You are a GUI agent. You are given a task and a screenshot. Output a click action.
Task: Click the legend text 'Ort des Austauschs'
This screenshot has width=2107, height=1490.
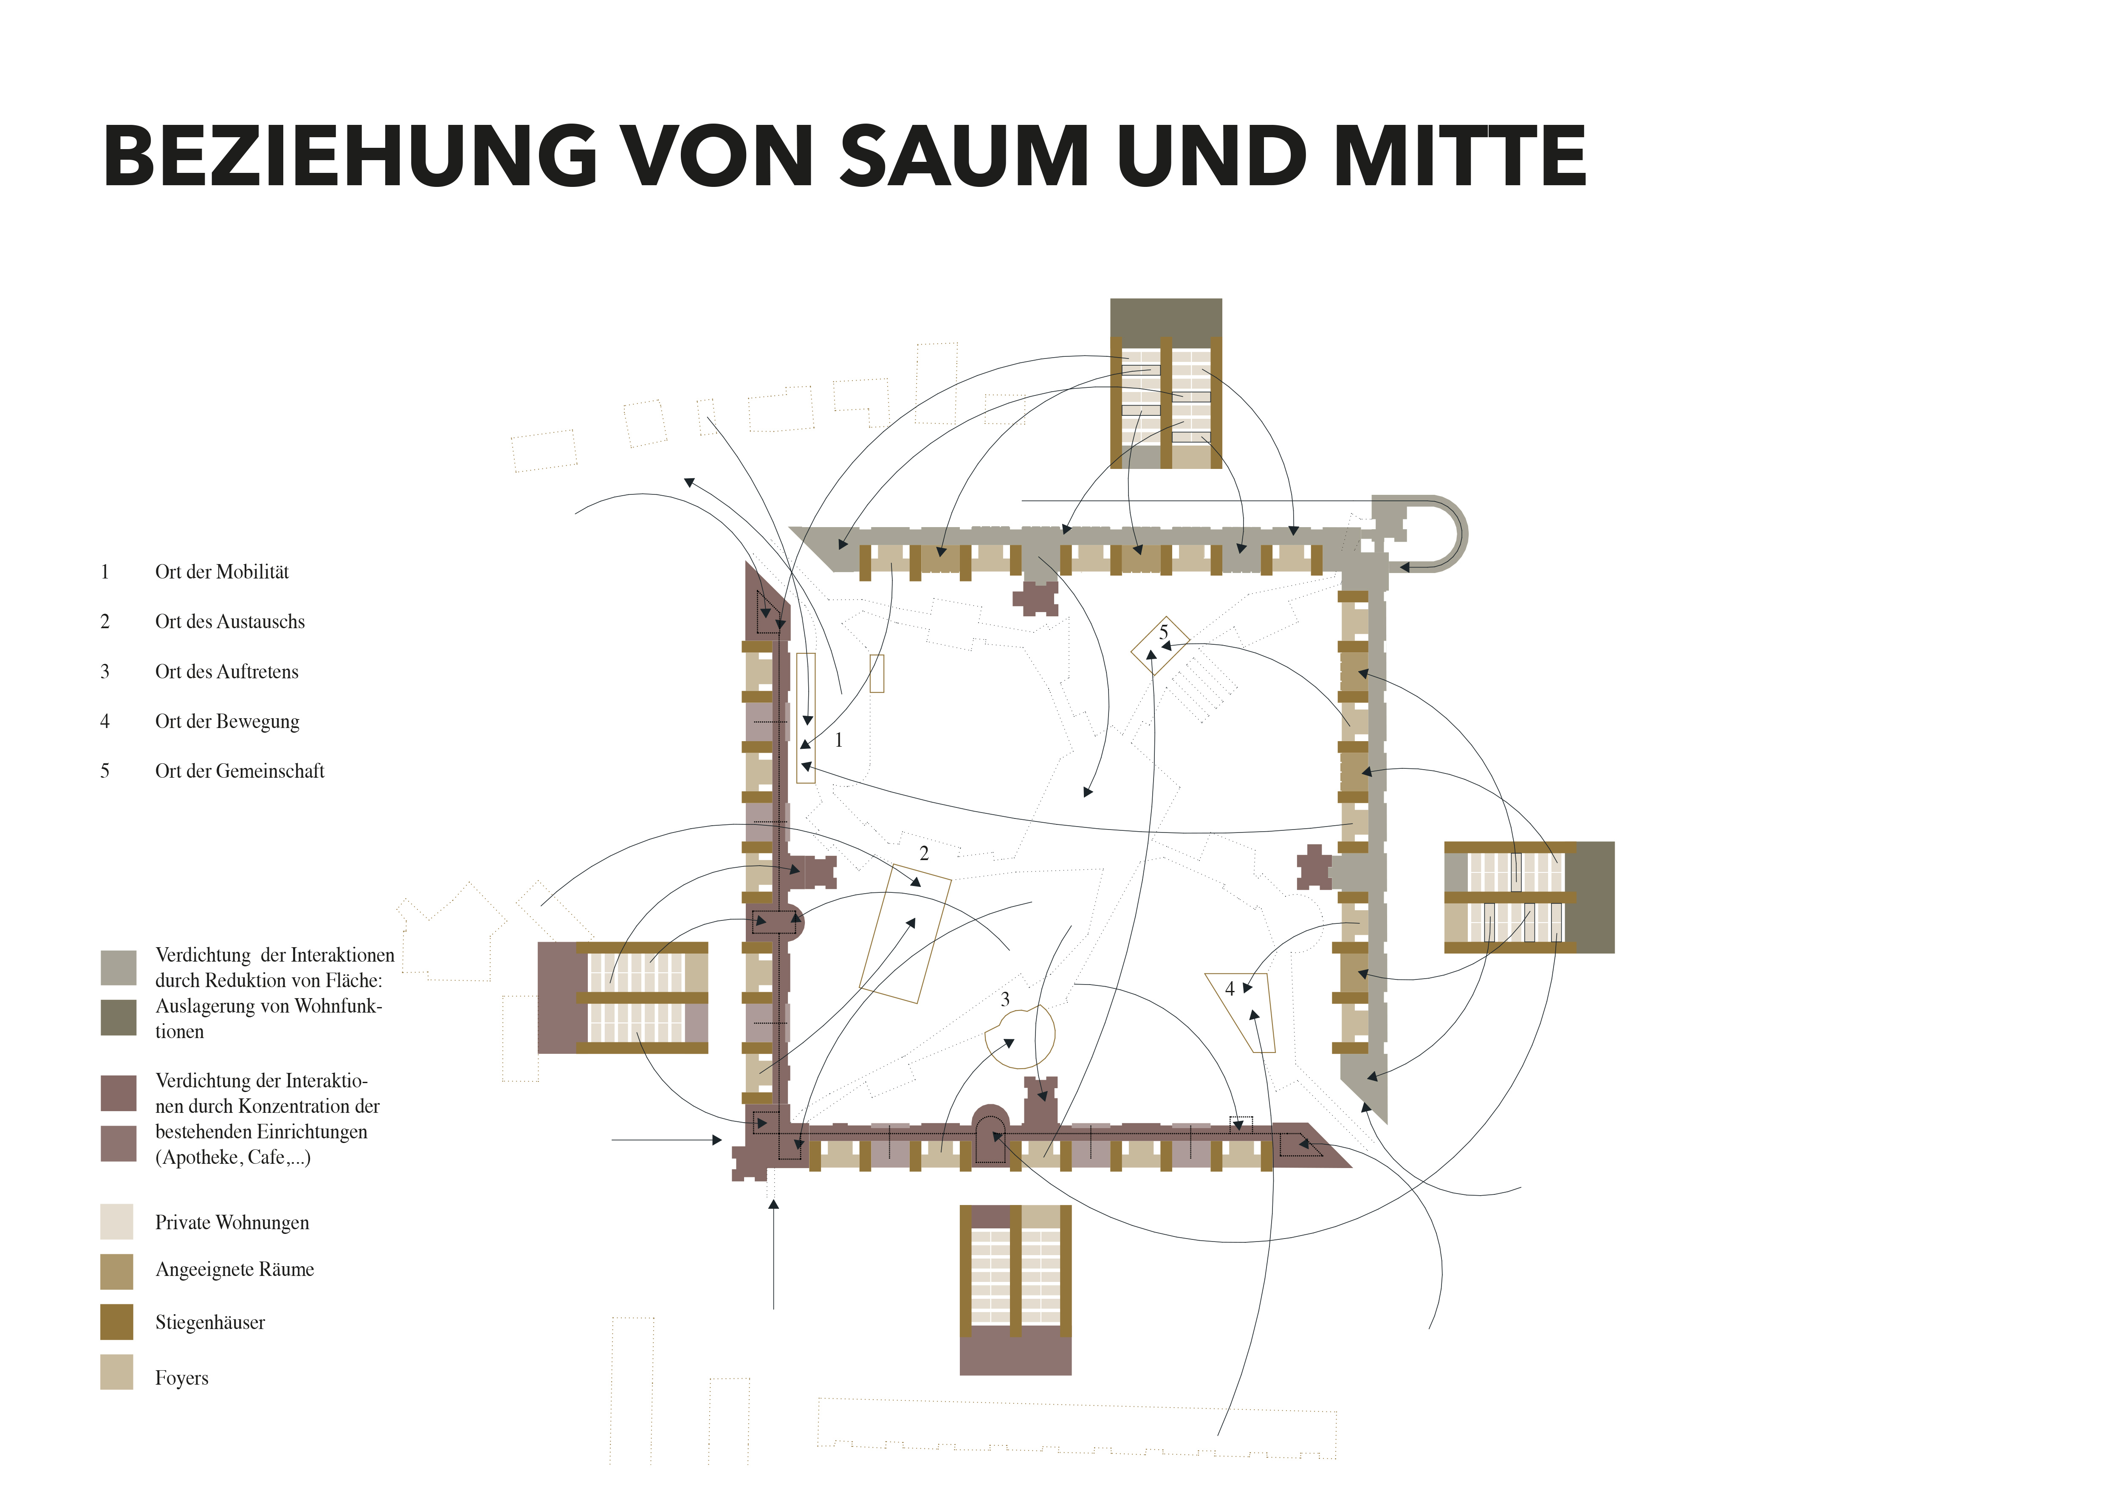(x=229, y=622)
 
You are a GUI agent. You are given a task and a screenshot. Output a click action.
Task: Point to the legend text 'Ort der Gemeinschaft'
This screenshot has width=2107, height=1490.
(x=240, y=772)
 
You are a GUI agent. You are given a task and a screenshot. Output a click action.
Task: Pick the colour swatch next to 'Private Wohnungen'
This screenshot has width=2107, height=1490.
(x=116, y=1222)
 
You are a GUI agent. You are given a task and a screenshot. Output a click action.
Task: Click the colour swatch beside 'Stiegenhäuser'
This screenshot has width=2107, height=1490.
(x=116, y=1322)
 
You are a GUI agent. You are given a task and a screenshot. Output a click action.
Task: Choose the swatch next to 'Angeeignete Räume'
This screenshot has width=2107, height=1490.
(x=116, y=1272)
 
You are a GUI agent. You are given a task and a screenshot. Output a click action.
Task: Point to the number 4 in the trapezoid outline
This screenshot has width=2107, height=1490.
(x=1230, y=989)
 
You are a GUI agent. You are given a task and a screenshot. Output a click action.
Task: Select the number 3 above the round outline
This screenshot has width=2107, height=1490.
(x=1005, y=999)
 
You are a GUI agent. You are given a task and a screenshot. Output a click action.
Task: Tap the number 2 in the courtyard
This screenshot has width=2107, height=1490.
(x=924, y=853)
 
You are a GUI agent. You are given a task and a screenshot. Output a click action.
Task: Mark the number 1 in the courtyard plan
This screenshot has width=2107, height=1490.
(x=838, y=740)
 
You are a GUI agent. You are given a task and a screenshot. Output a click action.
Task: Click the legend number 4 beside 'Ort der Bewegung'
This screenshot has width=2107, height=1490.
(x=104, y=722)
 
